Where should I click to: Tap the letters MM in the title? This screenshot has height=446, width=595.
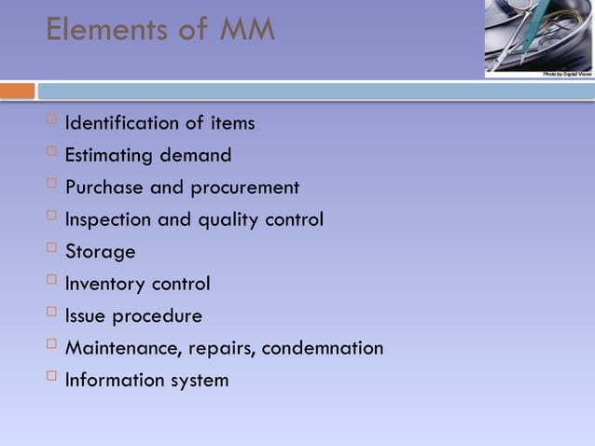coord(246,30)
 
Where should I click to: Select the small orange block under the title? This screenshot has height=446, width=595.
coord(17,91)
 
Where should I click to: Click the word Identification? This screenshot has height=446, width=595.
coord(122,123)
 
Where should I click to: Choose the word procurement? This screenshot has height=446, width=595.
coord(244,188)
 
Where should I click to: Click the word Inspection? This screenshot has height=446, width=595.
coord(108,220)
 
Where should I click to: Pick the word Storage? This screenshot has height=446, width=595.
coord(100,252)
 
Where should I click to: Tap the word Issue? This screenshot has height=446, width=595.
coord(86,316)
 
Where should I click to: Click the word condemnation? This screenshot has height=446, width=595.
coord(322,348)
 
